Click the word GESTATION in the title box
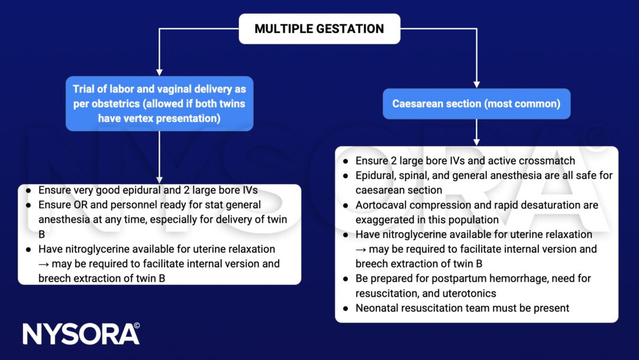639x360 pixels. (x=352, y=28)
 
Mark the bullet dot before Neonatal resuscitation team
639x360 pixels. (x=346, y=308)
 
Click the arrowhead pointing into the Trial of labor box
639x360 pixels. (x=159, y=71)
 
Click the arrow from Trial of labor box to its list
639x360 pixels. (x=159, y=157)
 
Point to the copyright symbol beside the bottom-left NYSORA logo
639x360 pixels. (x=137, y=326)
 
